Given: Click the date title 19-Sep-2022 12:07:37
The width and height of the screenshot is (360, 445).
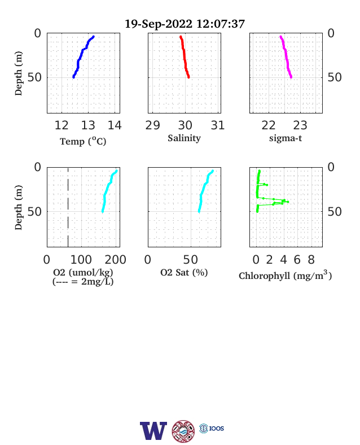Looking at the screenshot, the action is (185, 24).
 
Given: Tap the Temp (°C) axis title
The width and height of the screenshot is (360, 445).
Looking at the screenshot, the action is (83, 141).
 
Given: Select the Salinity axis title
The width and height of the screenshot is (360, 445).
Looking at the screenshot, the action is (185, 138).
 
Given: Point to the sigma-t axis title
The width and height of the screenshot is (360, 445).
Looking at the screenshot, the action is (286, 138).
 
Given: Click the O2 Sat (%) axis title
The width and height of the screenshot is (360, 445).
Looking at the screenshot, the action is (184, 272).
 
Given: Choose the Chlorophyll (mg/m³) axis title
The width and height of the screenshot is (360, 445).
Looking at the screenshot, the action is (285, 275).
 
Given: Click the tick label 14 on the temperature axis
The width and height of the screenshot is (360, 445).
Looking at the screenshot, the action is (115, 125).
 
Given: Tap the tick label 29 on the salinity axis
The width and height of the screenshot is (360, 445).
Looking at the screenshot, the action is (152, 125).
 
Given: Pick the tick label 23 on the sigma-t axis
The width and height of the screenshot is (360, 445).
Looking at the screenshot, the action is (300, 125).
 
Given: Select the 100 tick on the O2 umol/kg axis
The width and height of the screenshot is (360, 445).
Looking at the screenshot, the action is (81, 260).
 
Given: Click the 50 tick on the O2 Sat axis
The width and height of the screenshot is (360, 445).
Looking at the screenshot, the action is (191, 260).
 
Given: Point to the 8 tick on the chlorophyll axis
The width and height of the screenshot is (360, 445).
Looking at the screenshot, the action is (311, 260).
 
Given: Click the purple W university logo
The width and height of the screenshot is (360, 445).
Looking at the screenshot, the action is (153, 431).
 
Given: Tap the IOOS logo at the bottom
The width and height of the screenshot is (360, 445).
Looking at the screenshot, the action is (212, 428).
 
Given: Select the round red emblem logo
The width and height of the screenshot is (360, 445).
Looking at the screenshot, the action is (183, 431).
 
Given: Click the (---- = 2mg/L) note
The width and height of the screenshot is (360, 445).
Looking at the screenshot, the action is (83, 282).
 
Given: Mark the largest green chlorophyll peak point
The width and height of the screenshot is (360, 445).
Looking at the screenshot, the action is (288, 202).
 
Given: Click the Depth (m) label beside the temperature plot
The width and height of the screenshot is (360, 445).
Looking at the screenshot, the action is (18, 73).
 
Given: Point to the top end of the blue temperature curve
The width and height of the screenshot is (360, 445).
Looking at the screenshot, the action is (93, 37).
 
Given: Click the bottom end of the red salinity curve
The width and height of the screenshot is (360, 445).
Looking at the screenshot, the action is (188, 77).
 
